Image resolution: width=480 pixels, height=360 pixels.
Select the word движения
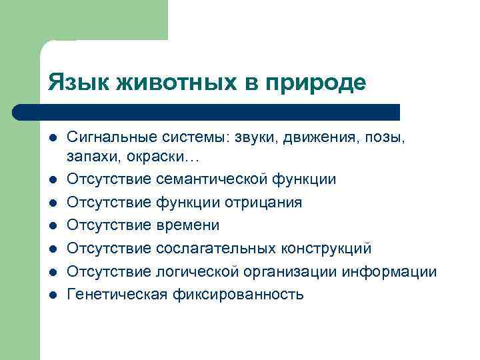[x=319, y=137]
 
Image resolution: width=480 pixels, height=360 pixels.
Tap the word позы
[x=384, y=137]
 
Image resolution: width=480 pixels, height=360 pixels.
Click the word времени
[x=187, y=225]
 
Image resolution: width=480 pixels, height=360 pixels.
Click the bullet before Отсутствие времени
[x=52, y=225]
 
